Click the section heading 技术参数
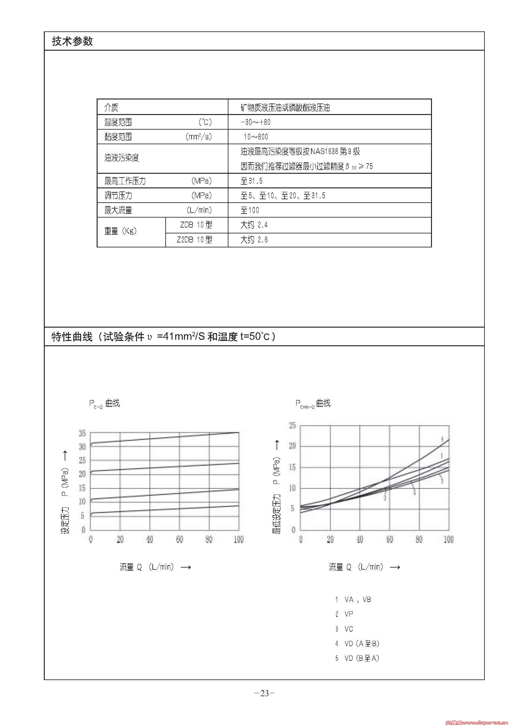pyautogui.click(x=72, y=41)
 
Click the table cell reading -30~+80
pyautogui.click(x=255, y=122)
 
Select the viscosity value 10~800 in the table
pyautogui.click(x=256, y=137)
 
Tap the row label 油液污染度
pyautogui.click(x=122, y=158)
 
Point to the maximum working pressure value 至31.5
pyautogui.click(x=251, y=181)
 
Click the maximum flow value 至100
pyautogui.click(x=250, y=210)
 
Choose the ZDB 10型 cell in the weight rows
pyautogui.click(x=196, y=225)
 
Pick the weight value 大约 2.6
pyautogui.click(x=254, y=240)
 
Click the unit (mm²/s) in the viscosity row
pyautogui.click(x=199, y=137)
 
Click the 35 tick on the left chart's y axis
pyautogui.click(x=82, y=433)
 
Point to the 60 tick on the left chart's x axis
pyautogui.click(x=179, y=539)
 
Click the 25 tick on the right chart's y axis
pyautogui.click(x=292, y=426)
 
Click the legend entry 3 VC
pyautogui.click(x=344, y=629)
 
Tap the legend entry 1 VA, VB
pyautogui.click(x=353, y=599)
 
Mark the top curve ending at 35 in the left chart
pyautogui.click(x=165, y=438)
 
